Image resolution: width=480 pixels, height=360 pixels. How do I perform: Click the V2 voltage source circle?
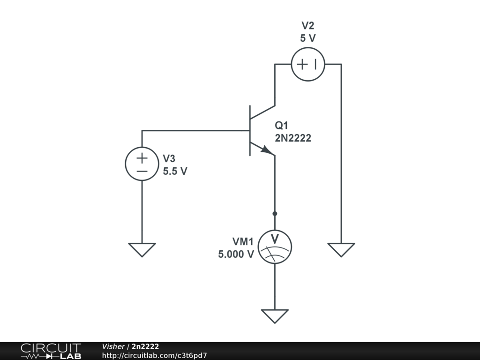[x=308, y=64]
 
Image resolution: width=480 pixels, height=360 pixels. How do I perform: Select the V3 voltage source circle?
[x=142, y=164]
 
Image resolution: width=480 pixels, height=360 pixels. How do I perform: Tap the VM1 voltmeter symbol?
[x=275, y=247]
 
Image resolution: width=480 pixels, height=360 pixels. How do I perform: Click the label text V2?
[x=308, y=26]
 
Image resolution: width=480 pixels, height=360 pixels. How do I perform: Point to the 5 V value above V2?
[x=308, y=38]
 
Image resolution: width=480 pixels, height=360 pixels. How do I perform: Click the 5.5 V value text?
[x=175, y=172]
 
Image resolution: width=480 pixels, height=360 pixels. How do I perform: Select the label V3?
[x=169, y=159]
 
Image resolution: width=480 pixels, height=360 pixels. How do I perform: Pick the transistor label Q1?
[x=282, y=126]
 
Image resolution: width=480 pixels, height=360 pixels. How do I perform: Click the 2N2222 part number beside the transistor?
[x=293, y=138]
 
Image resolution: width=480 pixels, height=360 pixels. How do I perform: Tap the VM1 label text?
[x=243, y=242]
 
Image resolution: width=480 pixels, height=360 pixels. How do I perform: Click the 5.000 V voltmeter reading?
[x=236, y=255]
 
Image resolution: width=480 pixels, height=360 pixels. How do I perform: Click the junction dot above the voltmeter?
[x=275, y=214]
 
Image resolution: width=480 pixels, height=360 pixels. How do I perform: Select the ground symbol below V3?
[x=142, y=249]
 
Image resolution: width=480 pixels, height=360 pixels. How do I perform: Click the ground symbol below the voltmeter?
[x=275, y=316]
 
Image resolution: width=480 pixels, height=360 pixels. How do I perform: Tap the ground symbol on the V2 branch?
[x=341, y=249]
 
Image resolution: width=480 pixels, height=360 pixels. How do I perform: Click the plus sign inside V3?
[x=142, y=157]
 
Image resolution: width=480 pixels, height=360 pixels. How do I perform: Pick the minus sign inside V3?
[x=142, y=171]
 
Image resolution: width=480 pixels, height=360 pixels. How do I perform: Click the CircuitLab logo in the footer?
[x=51, y=351]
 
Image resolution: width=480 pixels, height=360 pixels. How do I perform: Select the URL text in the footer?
[x=154, y=355]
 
